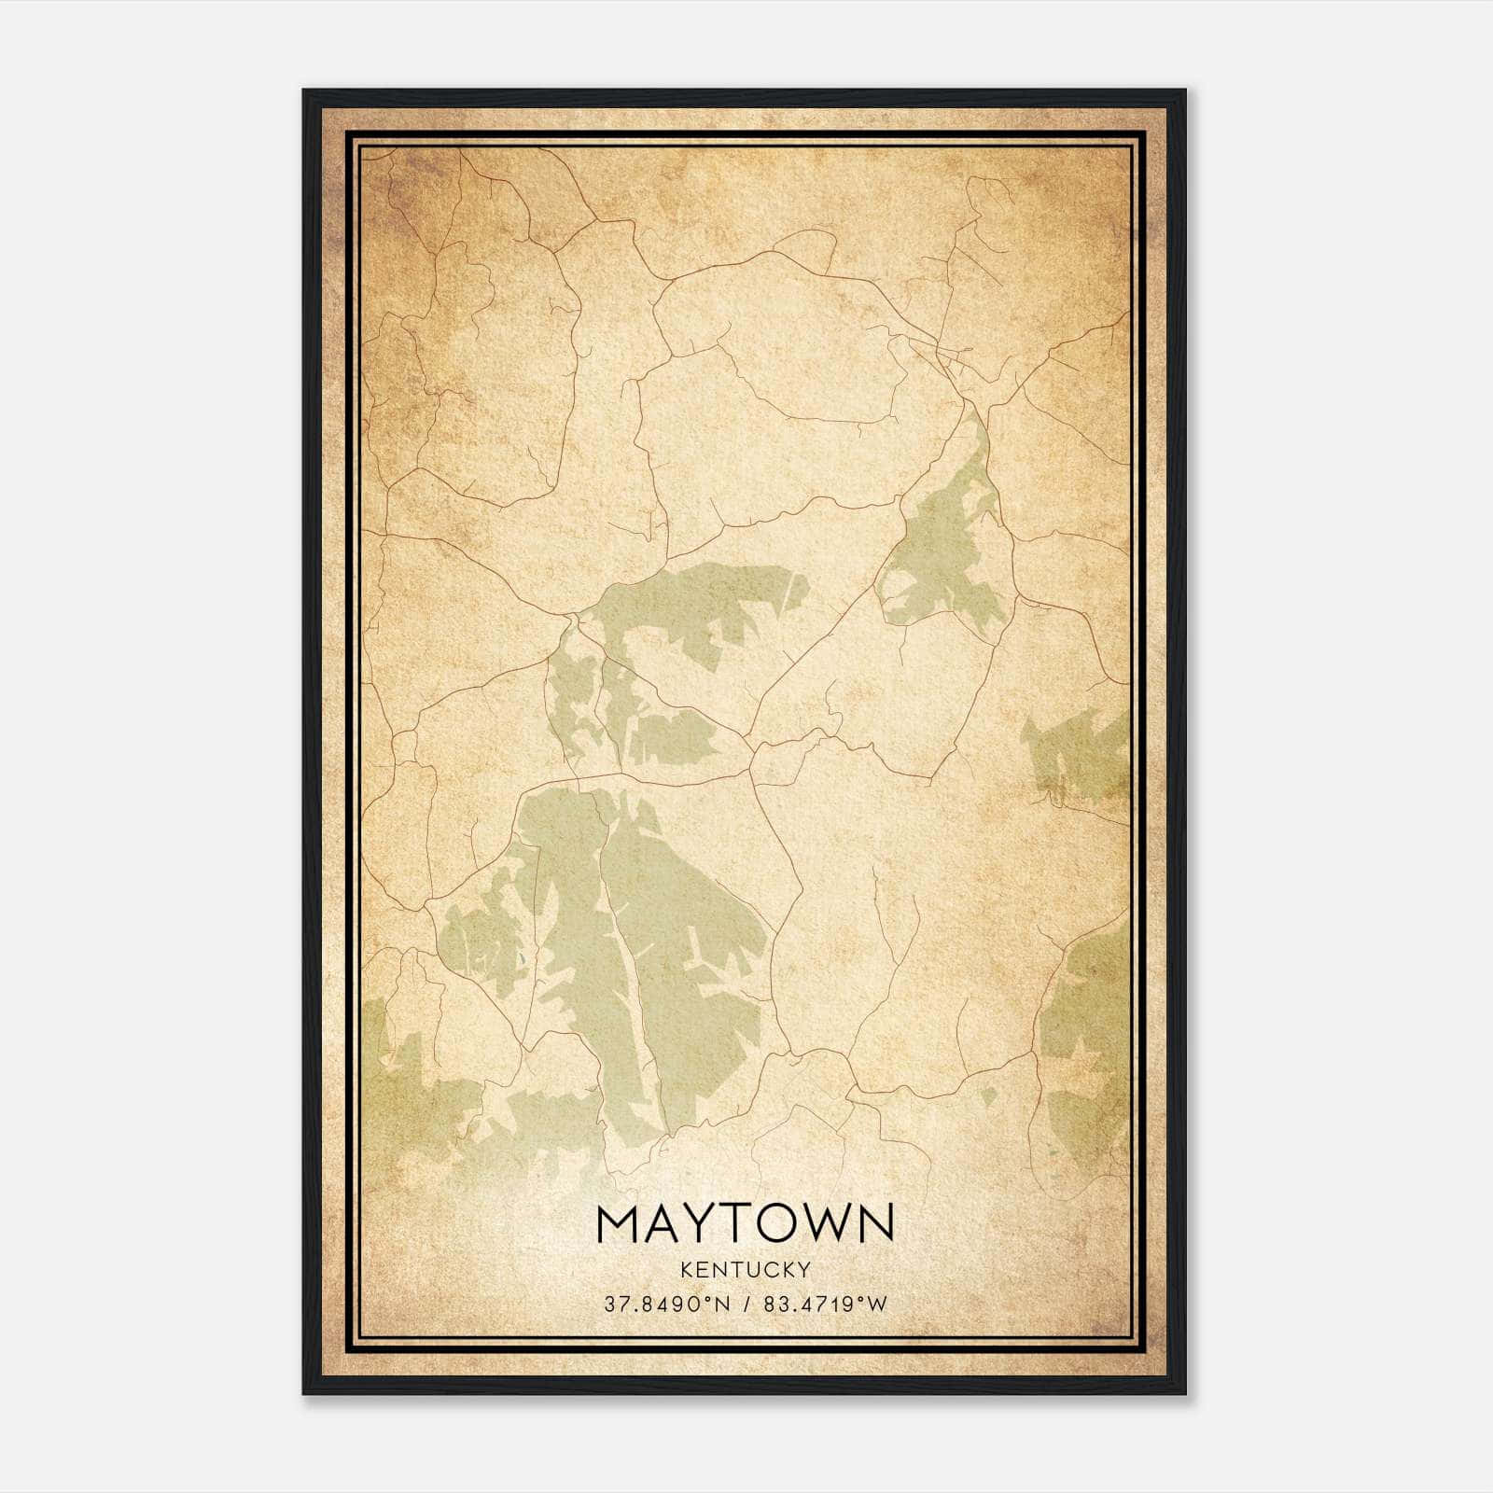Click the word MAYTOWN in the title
tap(746, 1222)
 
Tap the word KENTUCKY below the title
tap(746, 1269)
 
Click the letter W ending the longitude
tap(878, 1304)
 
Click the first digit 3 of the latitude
tap(609, 1304)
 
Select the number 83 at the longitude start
tap(774, 1304)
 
